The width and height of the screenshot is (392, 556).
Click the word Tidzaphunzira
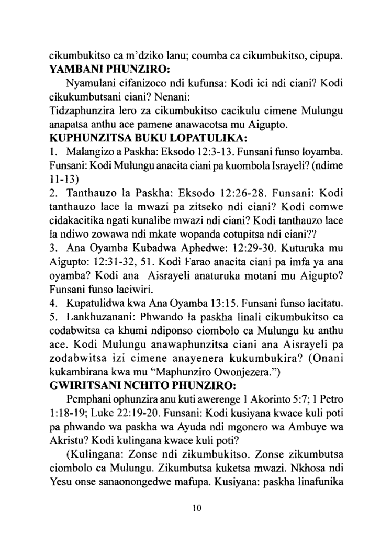click(x=81, y=110)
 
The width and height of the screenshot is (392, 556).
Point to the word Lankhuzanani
click(x=95, y=316)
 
